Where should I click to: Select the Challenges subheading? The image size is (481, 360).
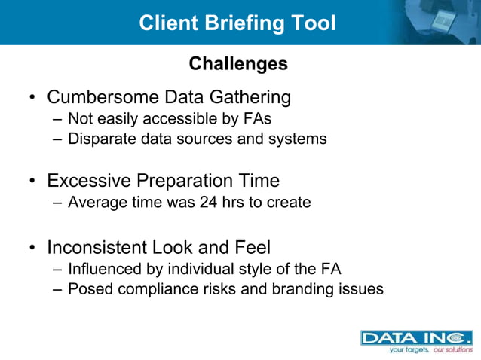(x=238, y=64)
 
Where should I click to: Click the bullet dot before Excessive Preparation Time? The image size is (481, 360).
(x=32, y=182)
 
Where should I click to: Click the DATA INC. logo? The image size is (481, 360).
(x=416, y=338)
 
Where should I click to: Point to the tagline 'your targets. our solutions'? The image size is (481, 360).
(x=430, y=350)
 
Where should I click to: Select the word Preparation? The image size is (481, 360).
(x=175, y=181)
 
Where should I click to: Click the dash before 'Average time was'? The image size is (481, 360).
(x=59, y=203)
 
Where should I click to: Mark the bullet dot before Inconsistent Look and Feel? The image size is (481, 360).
(x=32, y=248)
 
